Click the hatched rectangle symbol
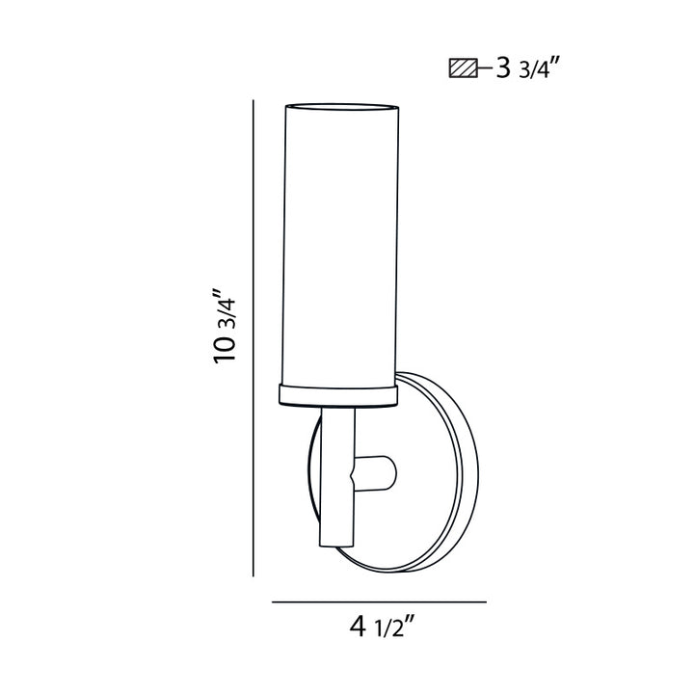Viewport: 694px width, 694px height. [x=462, y=69]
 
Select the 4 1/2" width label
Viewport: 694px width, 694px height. [x=382, y=628]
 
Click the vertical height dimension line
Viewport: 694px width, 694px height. [x=253, y=337]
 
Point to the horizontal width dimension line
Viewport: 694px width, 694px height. [x=378, y=601]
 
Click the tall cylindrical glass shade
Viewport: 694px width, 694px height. [x=338, y=241]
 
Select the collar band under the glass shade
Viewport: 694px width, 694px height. [x=338, y=393]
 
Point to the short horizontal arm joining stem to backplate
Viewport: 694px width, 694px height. [x=377, y=472]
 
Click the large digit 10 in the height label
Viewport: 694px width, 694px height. [x=227, y=349]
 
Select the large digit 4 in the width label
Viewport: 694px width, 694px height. [x=358, y=628]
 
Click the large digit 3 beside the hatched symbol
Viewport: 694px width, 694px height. [x=501, y=69]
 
